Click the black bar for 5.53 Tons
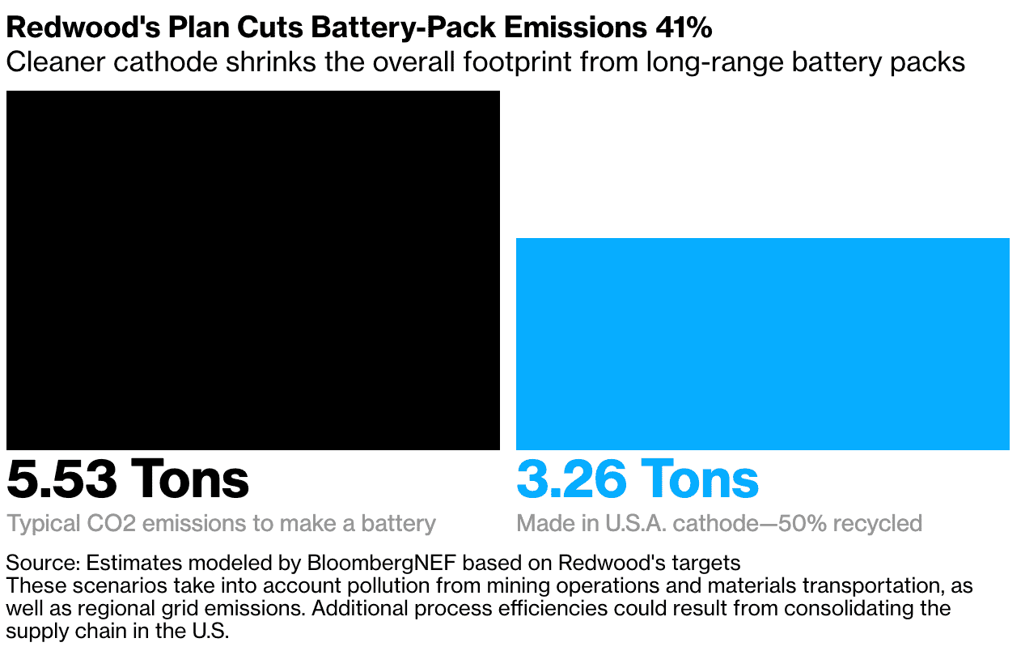[x=252, y=270]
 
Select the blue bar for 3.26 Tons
[x=762, y=343]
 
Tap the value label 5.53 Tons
[x=128, y=479]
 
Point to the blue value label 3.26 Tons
[x=638, y=479]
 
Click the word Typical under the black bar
[x=37, y=523]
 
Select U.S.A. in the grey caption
[x=638, y=523]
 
